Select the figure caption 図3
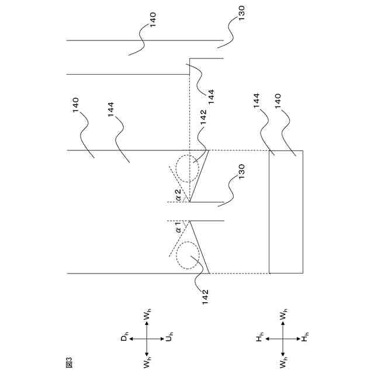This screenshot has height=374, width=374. (68, 362)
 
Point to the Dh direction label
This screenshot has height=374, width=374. (124, 338)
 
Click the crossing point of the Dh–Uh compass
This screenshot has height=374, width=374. (146, 338)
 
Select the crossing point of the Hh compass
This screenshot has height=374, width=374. (283, 338)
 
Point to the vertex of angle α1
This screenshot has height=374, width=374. (189, 220)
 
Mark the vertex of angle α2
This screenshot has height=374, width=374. (189, 202)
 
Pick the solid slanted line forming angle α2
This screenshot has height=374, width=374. (199, 175)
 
